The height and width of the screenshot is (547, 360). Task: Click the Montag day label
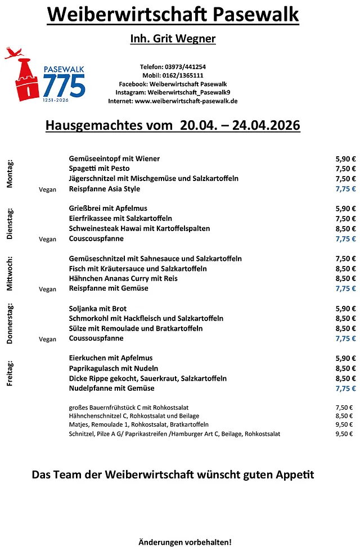(10, 174)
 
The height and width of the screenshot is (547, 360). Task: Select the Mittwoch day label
(10, 274)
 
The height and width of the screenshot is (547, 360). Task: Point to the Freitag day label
(10, 373)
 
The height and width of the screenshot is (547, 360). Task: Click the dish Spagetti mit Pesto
(99, 169)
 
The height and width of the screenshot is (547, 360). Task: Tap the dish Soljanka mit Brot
(98, 309)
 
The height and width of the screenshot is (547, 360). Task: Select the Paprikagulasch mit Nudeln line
(114, 368)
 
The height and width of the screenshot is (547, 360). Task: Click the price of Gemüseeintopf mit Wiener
(345, 159)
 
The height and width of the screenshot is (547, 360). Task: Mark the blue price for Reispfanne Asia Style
(345, 189)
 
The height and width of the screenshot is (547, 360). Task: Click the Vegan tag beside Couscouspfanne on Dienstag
(48, 239)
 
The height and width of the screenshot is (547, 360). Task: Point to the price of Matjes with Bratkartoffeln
(344, 424)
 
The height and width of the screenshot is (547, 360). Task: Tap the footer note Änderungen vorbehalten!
(184, 542)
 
